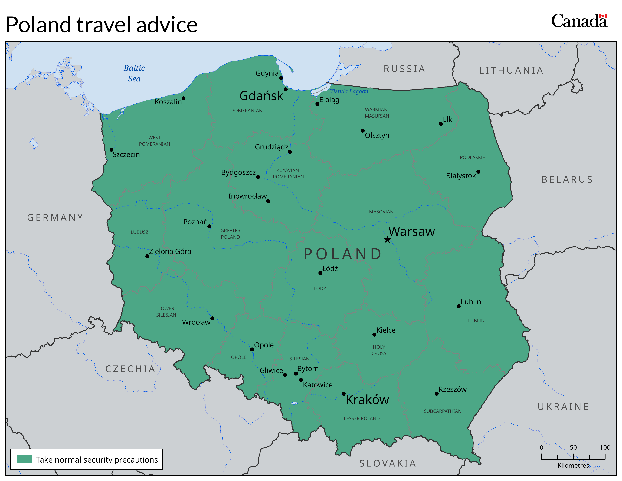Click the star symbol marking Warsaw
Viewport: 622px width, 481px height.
click(x=387, y=239)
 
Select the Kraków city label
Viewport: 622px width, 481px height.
click(x=367, y=400)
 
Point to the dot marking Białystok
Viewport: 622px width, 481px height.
click(x=478, y=171)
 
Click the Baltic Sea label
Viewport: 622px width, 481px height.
click(x=134, y=73)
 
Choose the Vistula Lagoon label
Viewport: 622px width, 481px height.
click(x=349, y=91)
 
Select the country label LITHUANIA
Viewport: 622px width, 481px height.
click(x=511, y=70)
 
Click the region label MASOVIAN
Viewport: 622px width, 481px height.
click(x=381, y=212)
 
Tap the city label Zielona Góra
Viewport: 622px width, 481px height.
click(x=170, y=251)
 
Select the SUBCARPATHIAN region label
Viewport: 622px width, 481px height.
click(x=442, y=411)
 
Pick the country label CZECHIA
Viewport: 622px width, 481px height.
click(x=130, y=369)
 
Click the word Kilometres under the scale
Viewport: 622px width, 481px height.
click(x=573, y=465)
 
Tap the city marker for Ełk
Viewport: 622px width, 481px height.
click(x=441, y=124)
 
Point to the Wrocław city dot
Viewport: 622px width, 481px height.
click(x=212, y=318)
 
